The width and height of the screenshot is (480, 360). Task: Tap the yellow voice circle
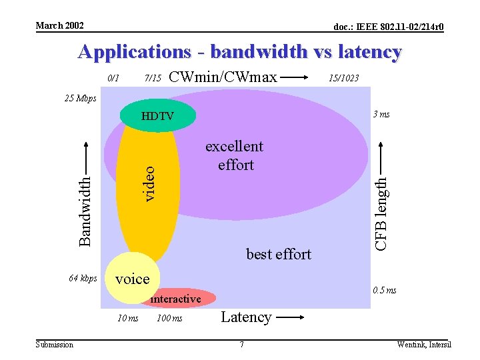pos(132,279)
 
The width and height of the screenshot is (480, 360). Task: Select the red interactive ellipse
pos(176,299)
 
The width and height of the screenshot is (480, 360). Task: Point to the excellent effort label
pos(234,155)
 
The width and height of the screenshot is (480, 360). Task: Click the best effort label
pos(279,254)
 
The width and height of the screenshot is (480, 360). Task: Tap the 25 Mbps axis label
pos(80,99)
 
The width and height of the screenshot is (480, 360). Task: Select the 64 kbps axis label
pos(83,278)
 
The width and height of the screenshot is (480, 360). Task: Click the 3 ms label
pos(381,114)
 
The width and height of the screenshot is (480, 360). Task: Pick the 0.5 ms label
pos(384,290)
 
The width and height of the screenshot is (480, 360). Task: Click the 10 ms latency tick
pos(127,318)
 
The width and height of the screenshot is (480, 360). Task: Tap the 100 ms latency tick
pos(169,318)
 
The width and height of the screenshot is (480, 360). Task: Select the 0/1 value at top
pos(113,78)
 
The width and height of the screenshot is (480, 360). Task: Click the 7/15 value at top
pos(153,78)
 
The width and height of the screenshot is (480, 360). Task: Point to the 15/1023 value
pos(343,78)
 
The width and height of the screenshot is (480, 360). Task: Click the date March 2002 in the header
pos(59,25)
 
